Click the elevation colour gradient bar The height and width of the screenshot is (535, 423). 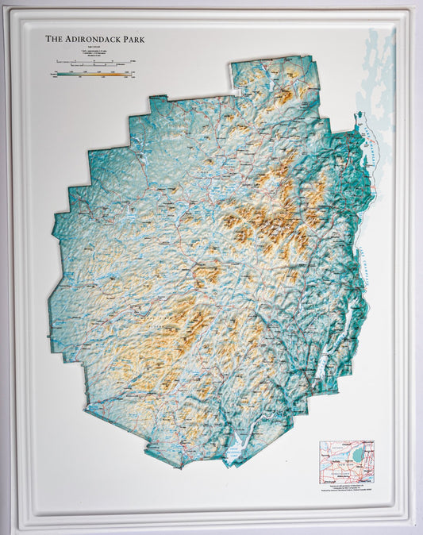coord(90,74)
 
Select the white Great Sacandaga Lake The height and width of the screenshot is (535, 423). coord(235,451)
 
